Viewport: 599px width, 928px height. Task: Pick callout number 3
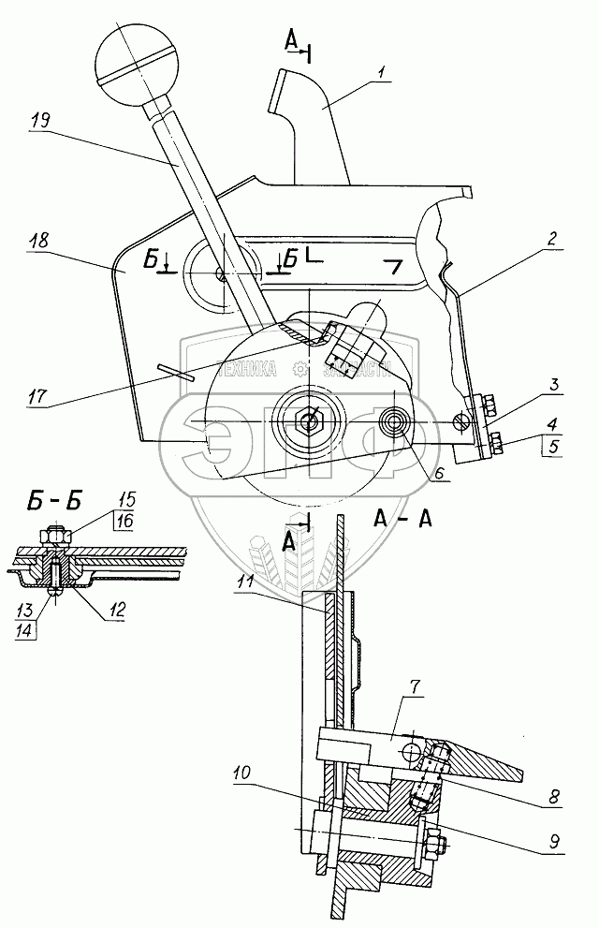[x=554, y=385]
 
